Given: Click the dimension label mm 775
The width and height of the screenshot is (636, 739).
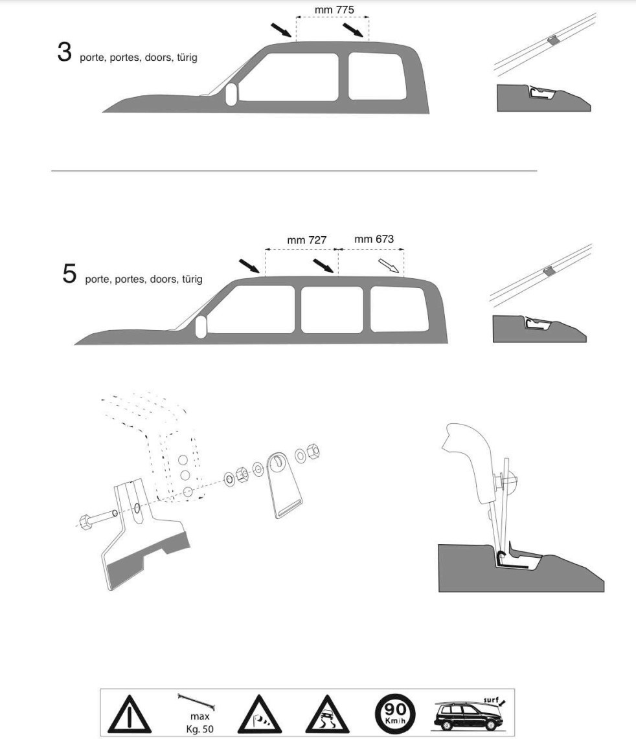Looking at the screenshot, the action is [334, 10].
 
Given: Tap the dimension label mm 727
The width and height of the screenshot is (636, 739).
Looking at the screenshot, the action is [307, 240].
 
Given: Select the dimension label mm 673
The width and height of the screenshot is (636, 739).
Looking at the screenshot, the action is [374, 239].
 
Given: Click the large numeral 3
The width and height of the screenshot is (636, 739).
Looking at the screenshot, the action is [65, 52].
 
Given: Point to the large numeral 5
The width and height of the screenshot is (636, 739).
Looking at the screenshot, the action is [69, 273].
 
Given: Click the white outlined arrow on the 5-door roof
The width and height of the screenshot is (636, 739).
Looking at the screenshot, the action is [389, 266].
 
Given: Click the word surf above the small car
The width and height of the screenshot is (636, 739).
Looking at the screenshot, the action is [491, 700].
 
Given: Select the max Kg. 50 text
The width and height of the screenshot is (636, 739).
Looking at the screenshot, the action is [199, 723].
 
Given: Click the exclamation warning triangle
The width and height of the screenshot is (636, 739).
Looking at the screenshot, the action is [130, 714].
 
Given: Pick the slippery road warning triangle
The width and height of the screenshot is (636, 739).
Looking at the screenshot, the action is [328, 714].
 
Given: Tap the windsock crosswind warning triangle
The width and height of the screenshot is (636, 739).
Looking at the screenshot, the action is [260, 714].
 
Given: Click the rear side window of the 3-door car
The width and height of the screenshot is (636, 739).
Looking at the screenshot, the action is [377, 76].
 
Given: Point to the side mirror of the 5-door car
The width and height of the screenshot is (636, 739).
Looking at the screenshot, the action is [201, 327].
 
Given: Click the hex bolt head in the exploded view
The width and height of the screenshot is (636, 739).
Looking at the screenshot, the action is [87, 522].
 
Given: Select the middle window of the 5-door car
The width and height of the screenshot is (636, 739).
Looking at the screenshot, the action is [332, 310].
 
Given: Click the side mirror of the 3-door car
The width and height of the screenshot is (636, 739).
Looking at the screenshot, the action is [231, 94].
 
